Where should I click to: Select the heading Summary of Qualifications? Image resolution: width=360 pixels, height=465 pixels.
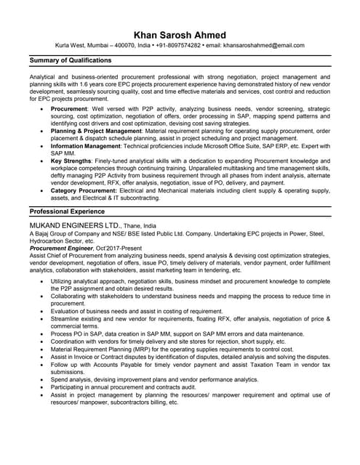[x=71, y=60]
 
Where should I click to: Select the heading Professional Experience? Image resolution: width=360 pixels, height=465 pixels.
[x=66, y=211]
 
